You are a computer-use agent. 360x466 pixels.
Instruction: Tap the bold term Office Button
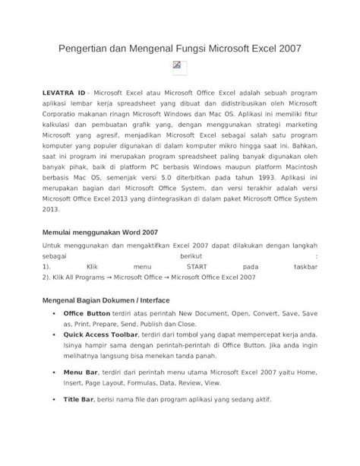pyautogui.click(x=87, y=312)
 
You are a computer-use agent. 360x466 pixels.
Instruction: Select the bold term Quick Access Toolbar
pyautogui.click(x=100, y=334)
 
